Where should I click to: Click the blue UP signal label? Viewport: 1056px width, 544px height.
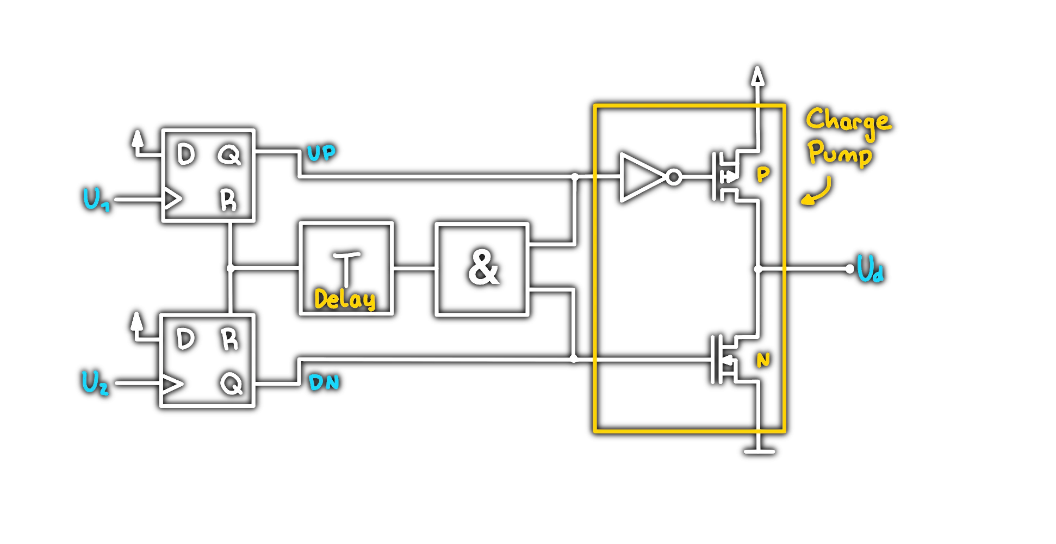click(321, 153)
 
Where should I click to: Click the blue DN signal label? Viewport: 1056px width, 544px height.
click(324, 382)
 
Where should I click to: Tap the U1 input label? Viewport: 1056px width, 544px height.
click(96, 199)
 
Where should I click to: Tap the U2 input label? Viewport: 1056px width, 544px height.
click(95, 382)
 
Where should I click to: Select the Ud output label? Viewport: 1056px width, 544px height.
click(870, 269)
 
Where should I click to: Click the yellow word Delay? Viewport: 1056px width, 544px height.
click(345, 299)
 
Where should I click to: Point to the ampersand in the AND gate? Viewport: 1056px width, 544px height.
click(483, 268)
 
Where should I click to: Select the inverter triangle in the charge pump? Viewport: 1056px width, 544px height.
click(641, 177)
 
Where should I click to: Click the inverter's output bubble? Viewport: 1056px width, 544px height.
click(674, 177)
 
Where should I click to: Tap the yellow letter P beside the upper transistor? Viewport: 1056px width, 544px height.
click(763, 175)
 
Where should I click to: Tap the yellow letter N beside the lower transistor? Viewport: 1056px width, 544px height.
click(763, 360)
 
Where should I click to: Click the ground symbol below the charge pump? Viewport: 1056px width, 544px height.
click(759, 451)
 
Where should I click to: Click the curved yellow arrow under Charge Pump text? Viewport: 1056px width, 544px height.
click(818, 193)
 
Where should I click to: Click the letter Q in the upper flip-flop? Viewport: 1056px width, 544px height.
click(229, 155)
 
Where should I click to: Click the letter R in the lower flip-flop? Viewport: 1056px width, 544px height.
click(229, 339)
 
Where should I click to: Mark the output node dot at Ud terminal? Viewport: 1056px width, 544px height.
click(850, 269)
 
